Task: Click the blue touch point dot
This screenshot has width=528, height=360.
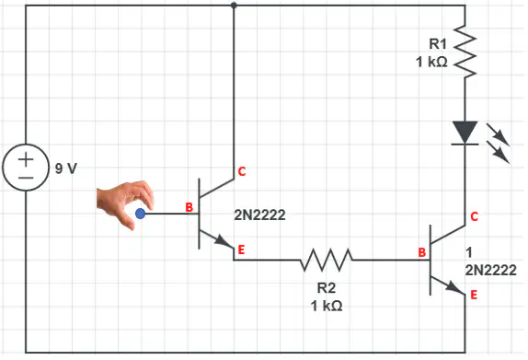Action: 140,214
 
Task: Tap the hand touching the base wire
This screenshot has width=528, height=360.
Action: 124,203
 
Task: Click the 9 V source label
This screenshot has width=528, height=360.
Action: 66,168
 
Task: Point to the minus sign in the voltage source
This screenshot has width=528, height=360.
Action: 26,178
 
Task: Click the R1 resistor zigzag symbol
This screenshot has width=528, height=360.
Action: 465,52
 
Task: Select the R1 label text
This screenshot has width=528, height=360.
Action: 438,44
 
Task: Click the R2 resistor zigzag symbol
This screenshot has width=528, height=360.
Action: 327,260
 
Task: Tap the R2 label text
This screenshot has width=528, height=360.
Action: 327,288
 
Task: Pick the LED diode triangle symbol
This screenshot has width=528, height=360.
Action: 465,133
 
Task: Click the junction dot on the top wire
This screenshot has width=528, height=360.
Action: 234,6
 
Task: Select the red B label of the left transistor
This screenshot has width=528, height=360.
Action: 189,207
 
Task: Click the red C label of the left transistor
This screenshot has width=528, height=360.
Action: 242,171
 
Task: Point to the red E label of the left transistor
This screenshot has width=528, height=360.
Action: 241,250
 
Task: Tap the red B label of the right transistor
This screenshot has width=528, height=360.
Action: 422,252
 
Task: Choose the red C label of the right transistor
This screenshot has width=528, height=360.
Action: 474,216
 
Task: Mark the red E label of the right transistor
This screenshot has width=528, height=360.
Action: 474,295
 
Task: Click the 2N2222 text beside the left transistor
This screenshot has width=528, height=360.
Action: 259,215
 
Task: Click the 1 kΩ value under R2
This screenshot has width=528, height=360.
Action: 327,306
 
